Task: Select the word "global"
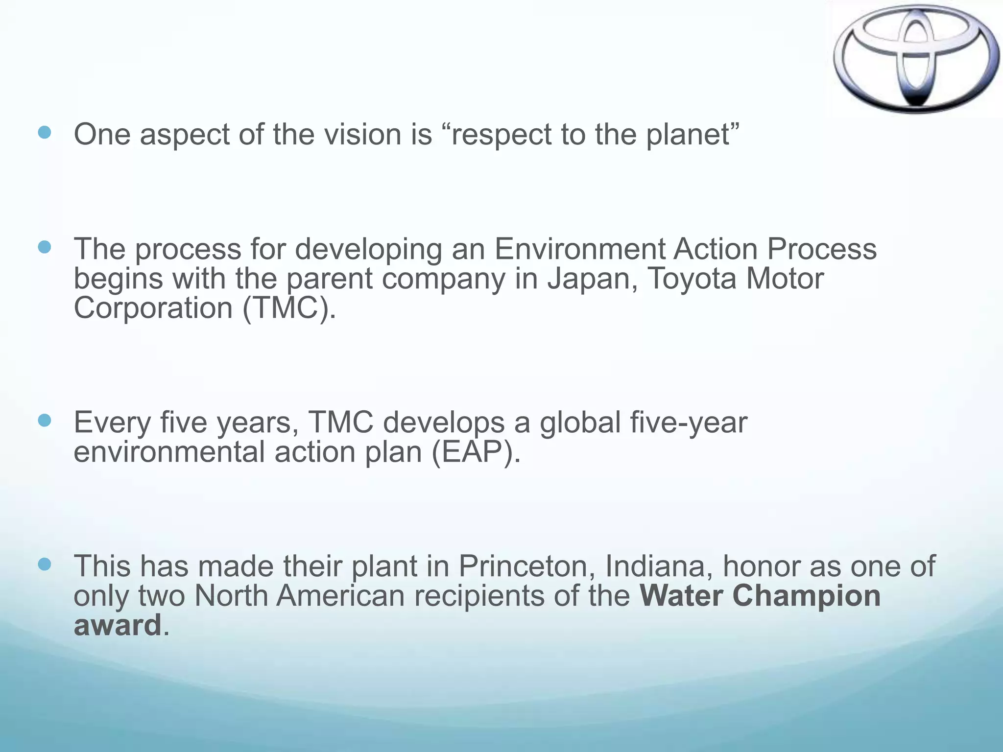(x=580, y=422)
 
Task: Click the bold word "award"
(x=118, y=625)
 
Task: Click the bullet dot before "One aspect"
(x=45, y=133)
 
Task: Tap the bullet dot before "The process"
(x=45, y=247)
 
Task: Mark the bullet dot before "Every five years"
(x=45, y=421)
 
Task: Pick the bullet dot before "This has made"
(x=45, y=564)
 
